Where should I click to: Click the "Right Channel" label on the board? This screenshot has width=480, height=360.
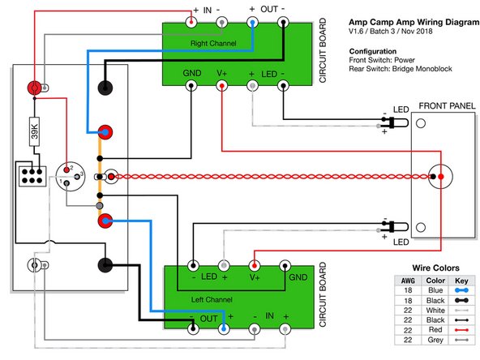pyautogui.click(x=213, y=41)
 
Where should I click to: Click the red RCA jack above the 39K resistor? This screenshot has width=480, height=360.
pyautogui.click(x=34, y=87)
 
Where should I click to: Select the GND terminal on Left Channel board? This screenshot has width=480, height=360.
pyautogui.click(x=285, y=265)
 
